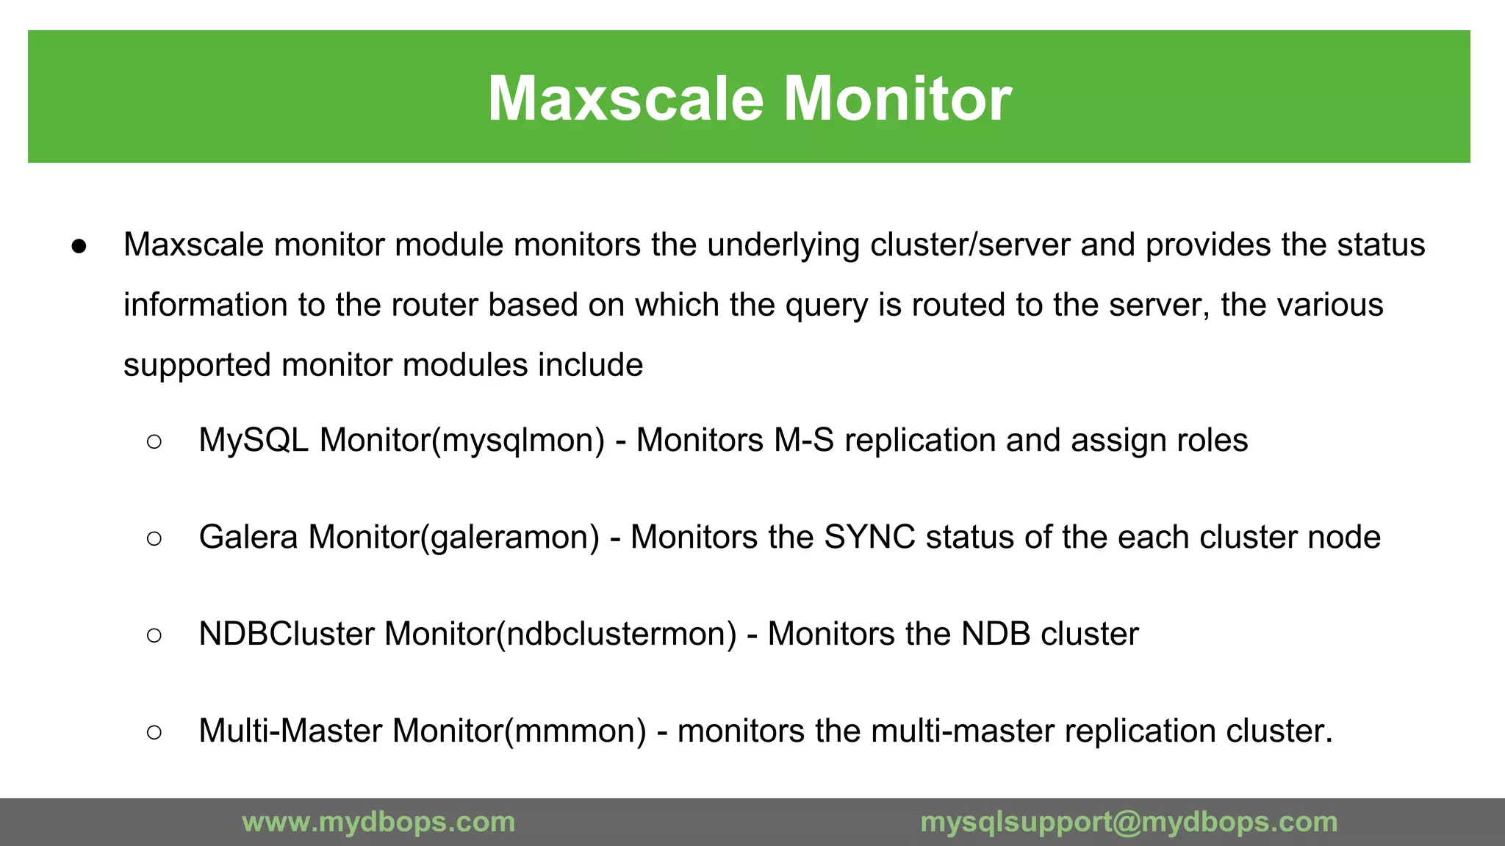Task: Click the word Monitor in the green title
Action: pyautogui.click(x=898, y=98)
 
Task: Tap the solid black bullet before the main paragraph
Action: pyautogui.click(x=79, y=247)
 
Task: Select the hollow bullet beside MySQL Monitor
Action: pyautogui.click(x=154, y=441)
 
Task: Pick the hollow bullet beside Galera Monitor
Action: pyautogui.click(x=154, y=538)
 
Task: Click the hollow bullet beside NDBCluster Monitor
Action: pyautogui.click(x=154, y=635)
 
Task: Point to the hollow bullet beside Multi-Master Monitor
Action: pyautogui.click(x=154, y=732)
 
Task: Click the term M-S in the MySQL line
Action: pyautogui.click(x=804, y=441)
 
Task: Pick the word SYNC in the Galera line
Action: pyautogui.click(x=869, y=538)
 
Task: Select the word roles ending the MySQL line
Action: pyautogui.click(x=1212, y=441)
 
